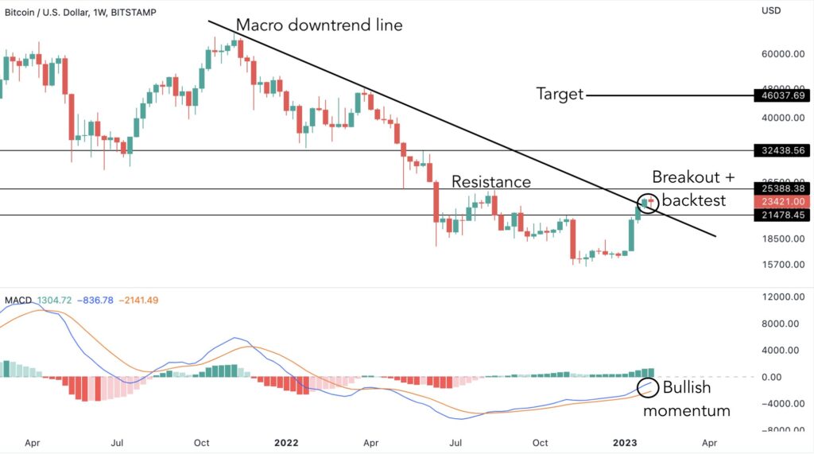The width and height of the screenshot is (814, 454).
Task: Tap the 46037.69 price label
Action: [x=781, y=95]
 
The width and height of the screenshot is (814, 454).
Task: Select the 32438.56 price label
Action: [x=781, y=149]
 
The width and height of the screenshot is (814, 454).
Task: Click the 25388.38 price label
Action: [x=781, y=189]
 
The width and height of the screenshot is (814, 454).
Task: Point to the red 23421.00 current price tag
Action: [x=781, y=202]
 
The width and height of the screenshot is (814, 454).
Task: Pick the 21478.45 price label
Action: [x=781, y=215]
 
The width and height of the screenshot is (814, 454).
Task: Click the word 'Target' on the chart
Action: [x=560, y=95]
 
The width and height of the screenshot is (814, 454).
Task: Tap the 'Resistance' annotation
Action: [x=490, y=182]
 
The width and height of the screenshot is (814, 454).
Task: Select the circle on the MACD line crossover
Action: [x=649, y=388]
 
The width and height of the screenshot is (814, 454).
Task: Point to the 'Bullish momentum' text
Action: [x=686, y=399]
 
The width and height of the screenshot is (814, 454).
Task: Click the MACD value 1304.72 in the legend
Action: [x=53, y=300]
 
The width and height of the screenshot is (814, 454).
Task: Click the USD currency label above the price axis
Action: [x=773, y=10]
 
